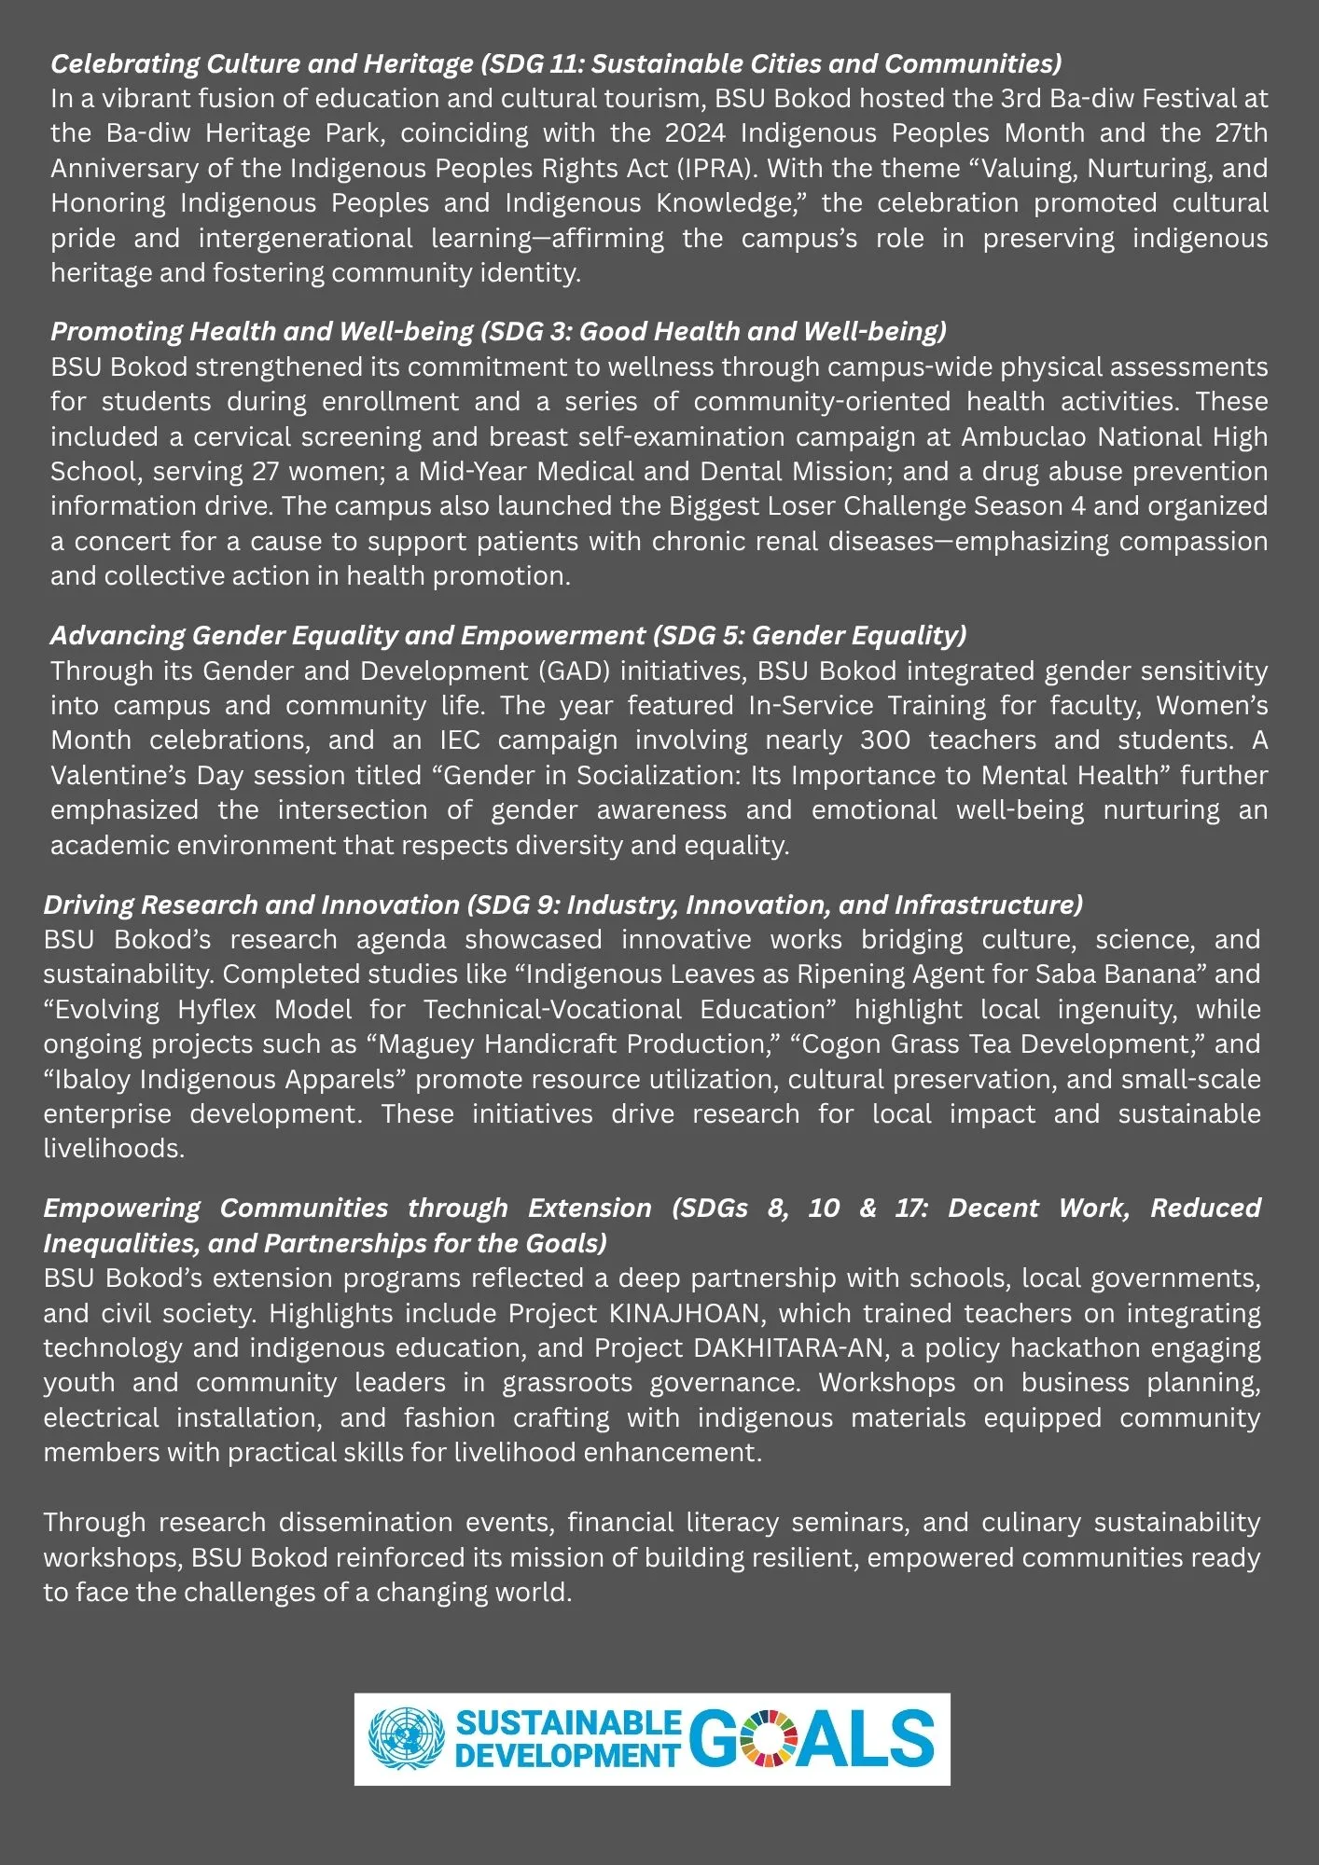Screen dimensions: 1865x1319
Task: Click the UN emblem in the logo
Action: (406, 1738)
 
